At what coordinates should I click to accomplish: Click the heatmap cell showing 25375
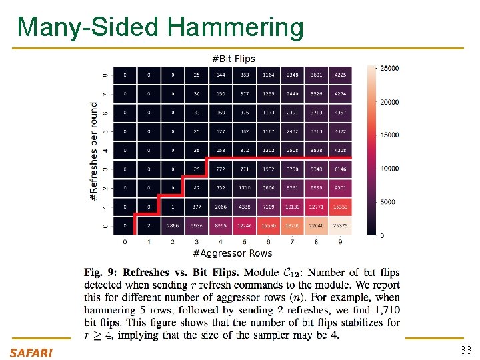click(341, 227)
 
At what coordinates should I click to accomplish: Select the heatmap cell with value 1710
click(245, 189)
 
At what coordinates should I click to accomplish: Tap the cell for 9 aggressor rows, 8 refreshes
click(341, 75)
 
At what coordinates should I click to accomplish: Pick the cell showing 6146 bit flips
click(341, 170)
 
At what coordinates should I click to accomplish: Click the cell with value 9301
click(341, 189)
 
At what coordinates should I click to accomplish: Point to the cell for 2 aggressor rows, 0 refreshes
click(173, 227)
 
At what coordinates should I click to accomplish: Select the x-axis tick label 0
click(125, 241)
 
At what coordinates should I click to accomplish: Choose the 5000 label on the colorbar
click(389, 202)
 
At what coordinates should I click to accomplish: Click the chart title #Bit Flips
click(233, 58)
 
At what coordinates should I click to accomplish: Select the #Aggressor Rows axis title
click(233, 253)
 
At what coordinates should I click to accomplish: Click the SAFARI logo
click(31, 352)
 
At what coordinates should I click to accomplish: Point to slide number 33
click(465, 351)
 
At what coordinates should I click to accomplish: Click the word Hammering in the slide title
click(236, 27)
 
